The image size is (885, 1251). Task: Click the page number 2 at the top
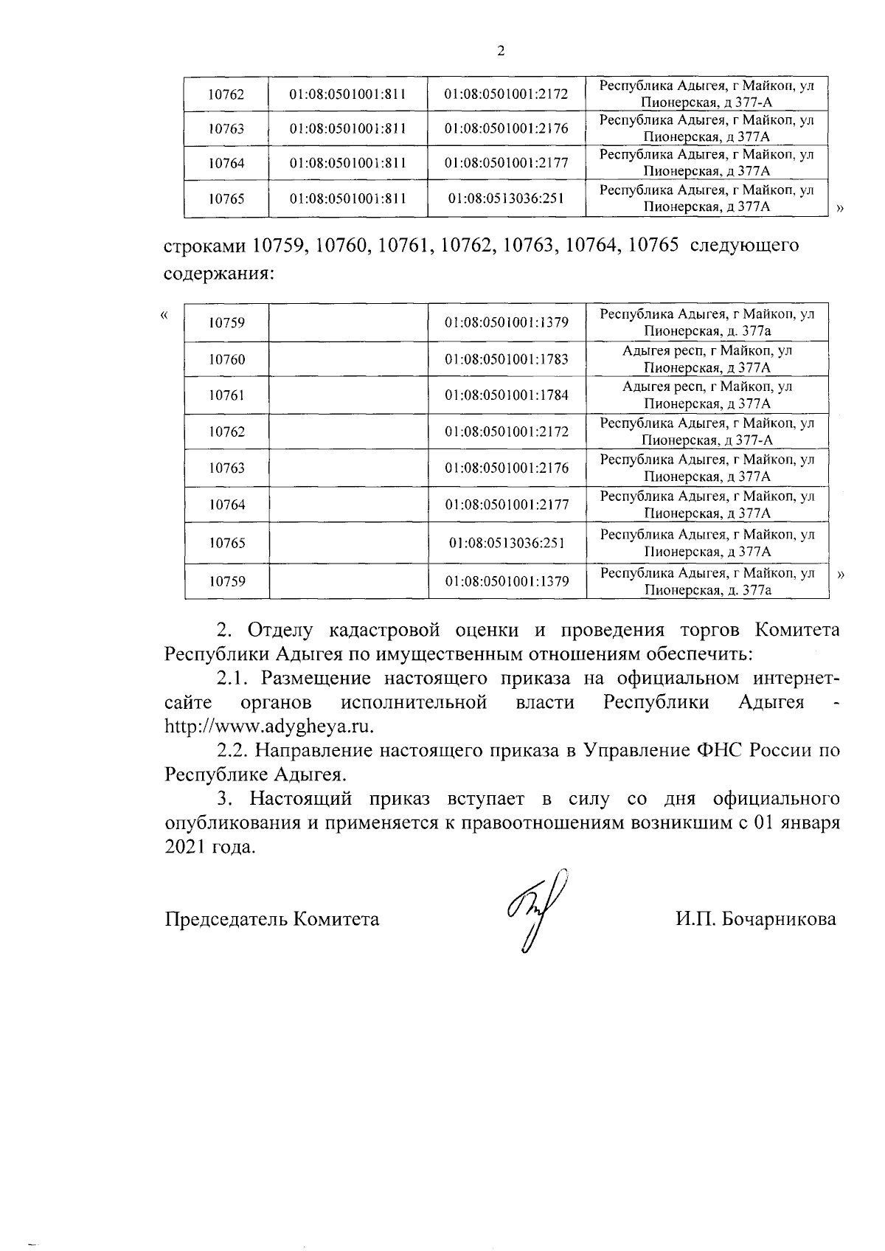click(502, 51)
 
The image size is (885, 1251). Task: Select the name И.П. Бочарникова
click(755, 919)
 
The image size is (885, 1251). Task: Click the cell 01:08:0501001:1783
click(507, 359)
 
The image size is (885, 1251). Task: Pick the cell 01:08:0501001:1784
click(507, 395)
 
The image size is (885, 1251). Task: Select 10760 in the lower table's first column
click(226, 359)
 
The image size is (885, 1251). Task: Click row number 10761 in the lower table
click(226, 395)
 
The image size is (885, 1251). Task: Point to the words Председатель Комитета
click(272, 919)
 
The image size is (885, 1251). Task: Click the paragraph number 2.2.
click(234, 751)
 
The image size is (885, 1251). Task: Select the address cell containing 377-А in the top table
click(707, 94)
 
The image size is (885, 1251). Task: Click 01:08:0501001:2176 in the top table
click(507, 128)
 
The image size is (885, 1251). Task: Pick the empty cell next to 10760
click(349, 359)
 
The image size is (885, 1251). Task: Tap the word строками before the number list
click(204, 245)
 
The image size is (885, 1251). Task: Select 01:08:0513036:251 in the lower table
click(507, 543)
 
